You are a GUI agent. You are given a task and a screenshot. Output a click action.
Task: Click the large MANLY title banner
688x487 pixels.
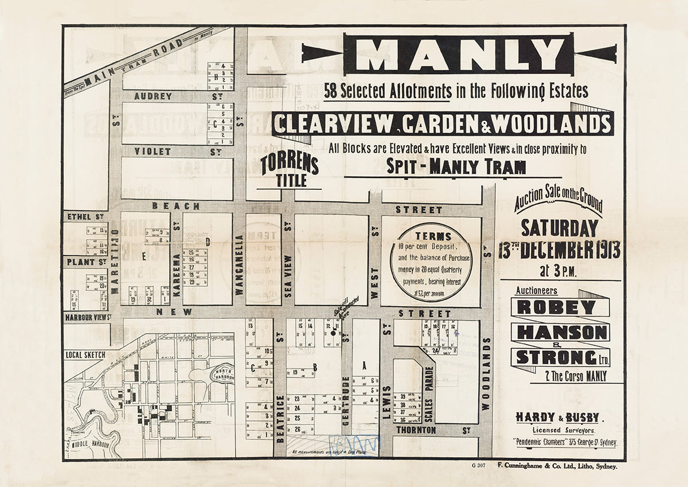459,54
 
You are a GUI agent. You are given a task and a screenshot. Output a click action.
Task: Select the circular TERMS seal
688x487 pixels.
431,262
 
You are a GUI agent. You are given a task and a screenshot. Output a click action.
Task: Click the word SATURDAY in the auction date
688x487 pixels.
559,228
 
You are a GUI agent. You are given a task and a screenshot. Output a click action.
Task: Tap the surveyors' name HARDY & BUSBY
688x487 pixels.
557,417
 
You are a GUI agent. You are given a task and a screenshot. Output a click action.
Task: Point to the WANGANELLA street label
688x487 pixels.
239,264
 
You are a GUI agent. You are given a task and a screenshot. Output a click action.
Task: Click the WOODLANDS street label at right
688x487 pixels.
487,373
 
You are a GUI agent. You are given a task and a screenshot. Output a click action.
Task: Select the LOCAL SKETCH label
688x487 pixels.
85,354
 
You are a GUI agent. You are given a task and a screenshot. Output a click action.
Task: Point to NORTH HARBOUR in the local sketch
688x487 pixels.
223,373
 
